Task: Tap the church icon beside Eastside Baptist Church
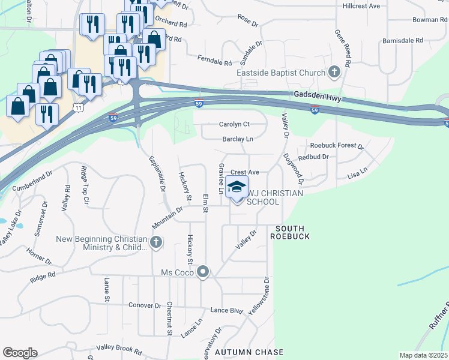pos(334,73)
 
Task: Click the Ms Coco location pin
pos(203,272)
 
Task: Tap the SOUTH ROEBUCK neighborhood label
pos(292,232)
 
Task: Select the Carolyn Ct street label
pos(234,124)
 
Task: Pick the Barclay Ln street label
pos(238,139)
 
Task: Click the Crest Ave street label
pos(245,172)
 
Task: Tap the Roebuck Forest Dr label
pos(337,146)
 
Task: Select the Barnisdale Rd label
pos(403,41)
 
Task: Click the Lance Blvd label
pos(226,311)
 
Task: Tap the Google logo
pos(20,353)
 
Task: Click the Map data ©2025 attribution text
pos(423,355)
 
